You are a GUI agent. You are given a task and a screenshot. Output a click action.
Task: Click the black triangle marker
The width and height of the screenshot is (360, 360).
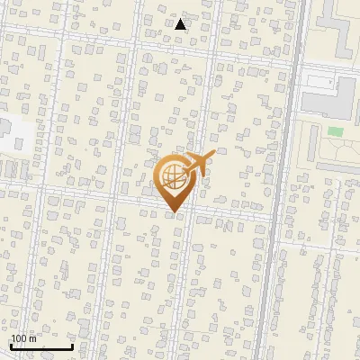tap(180, 24)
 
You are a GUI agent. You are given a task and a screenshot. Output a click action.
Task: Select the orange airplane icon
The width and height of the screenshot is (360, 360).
tap(197, 163)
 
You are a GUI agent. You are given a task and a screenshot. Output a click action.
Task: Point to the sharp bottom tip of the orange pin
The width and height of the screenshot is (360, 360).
tap(172, 212)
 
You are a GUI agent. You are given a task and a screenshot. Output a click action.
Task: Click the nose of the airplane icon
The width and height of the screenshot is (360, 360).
tap(212, 155)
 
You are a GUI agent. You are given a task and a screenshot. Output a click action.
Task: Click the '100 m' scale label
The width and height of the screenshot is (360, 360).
tap(24, 337)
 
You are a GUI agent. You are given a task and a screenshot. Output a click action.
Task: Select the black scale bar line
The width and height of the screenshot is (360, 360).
tap(41, 346)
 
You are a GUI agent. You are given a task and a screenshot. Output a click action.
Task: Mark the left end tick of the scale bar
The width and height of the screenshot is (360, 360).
tap(11, 345)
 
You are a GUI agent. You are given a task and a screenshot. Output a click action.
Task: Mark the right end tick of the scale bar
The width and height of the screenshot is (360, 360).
tap(73, 345)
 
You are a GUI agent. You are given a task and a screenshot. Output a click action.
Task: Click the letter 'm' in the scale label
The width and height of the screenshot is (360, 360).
tap(34, 337)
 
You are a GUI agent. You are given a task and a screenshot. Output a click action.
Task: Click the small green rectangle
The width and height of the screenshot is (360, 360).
tap(335, 132)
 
